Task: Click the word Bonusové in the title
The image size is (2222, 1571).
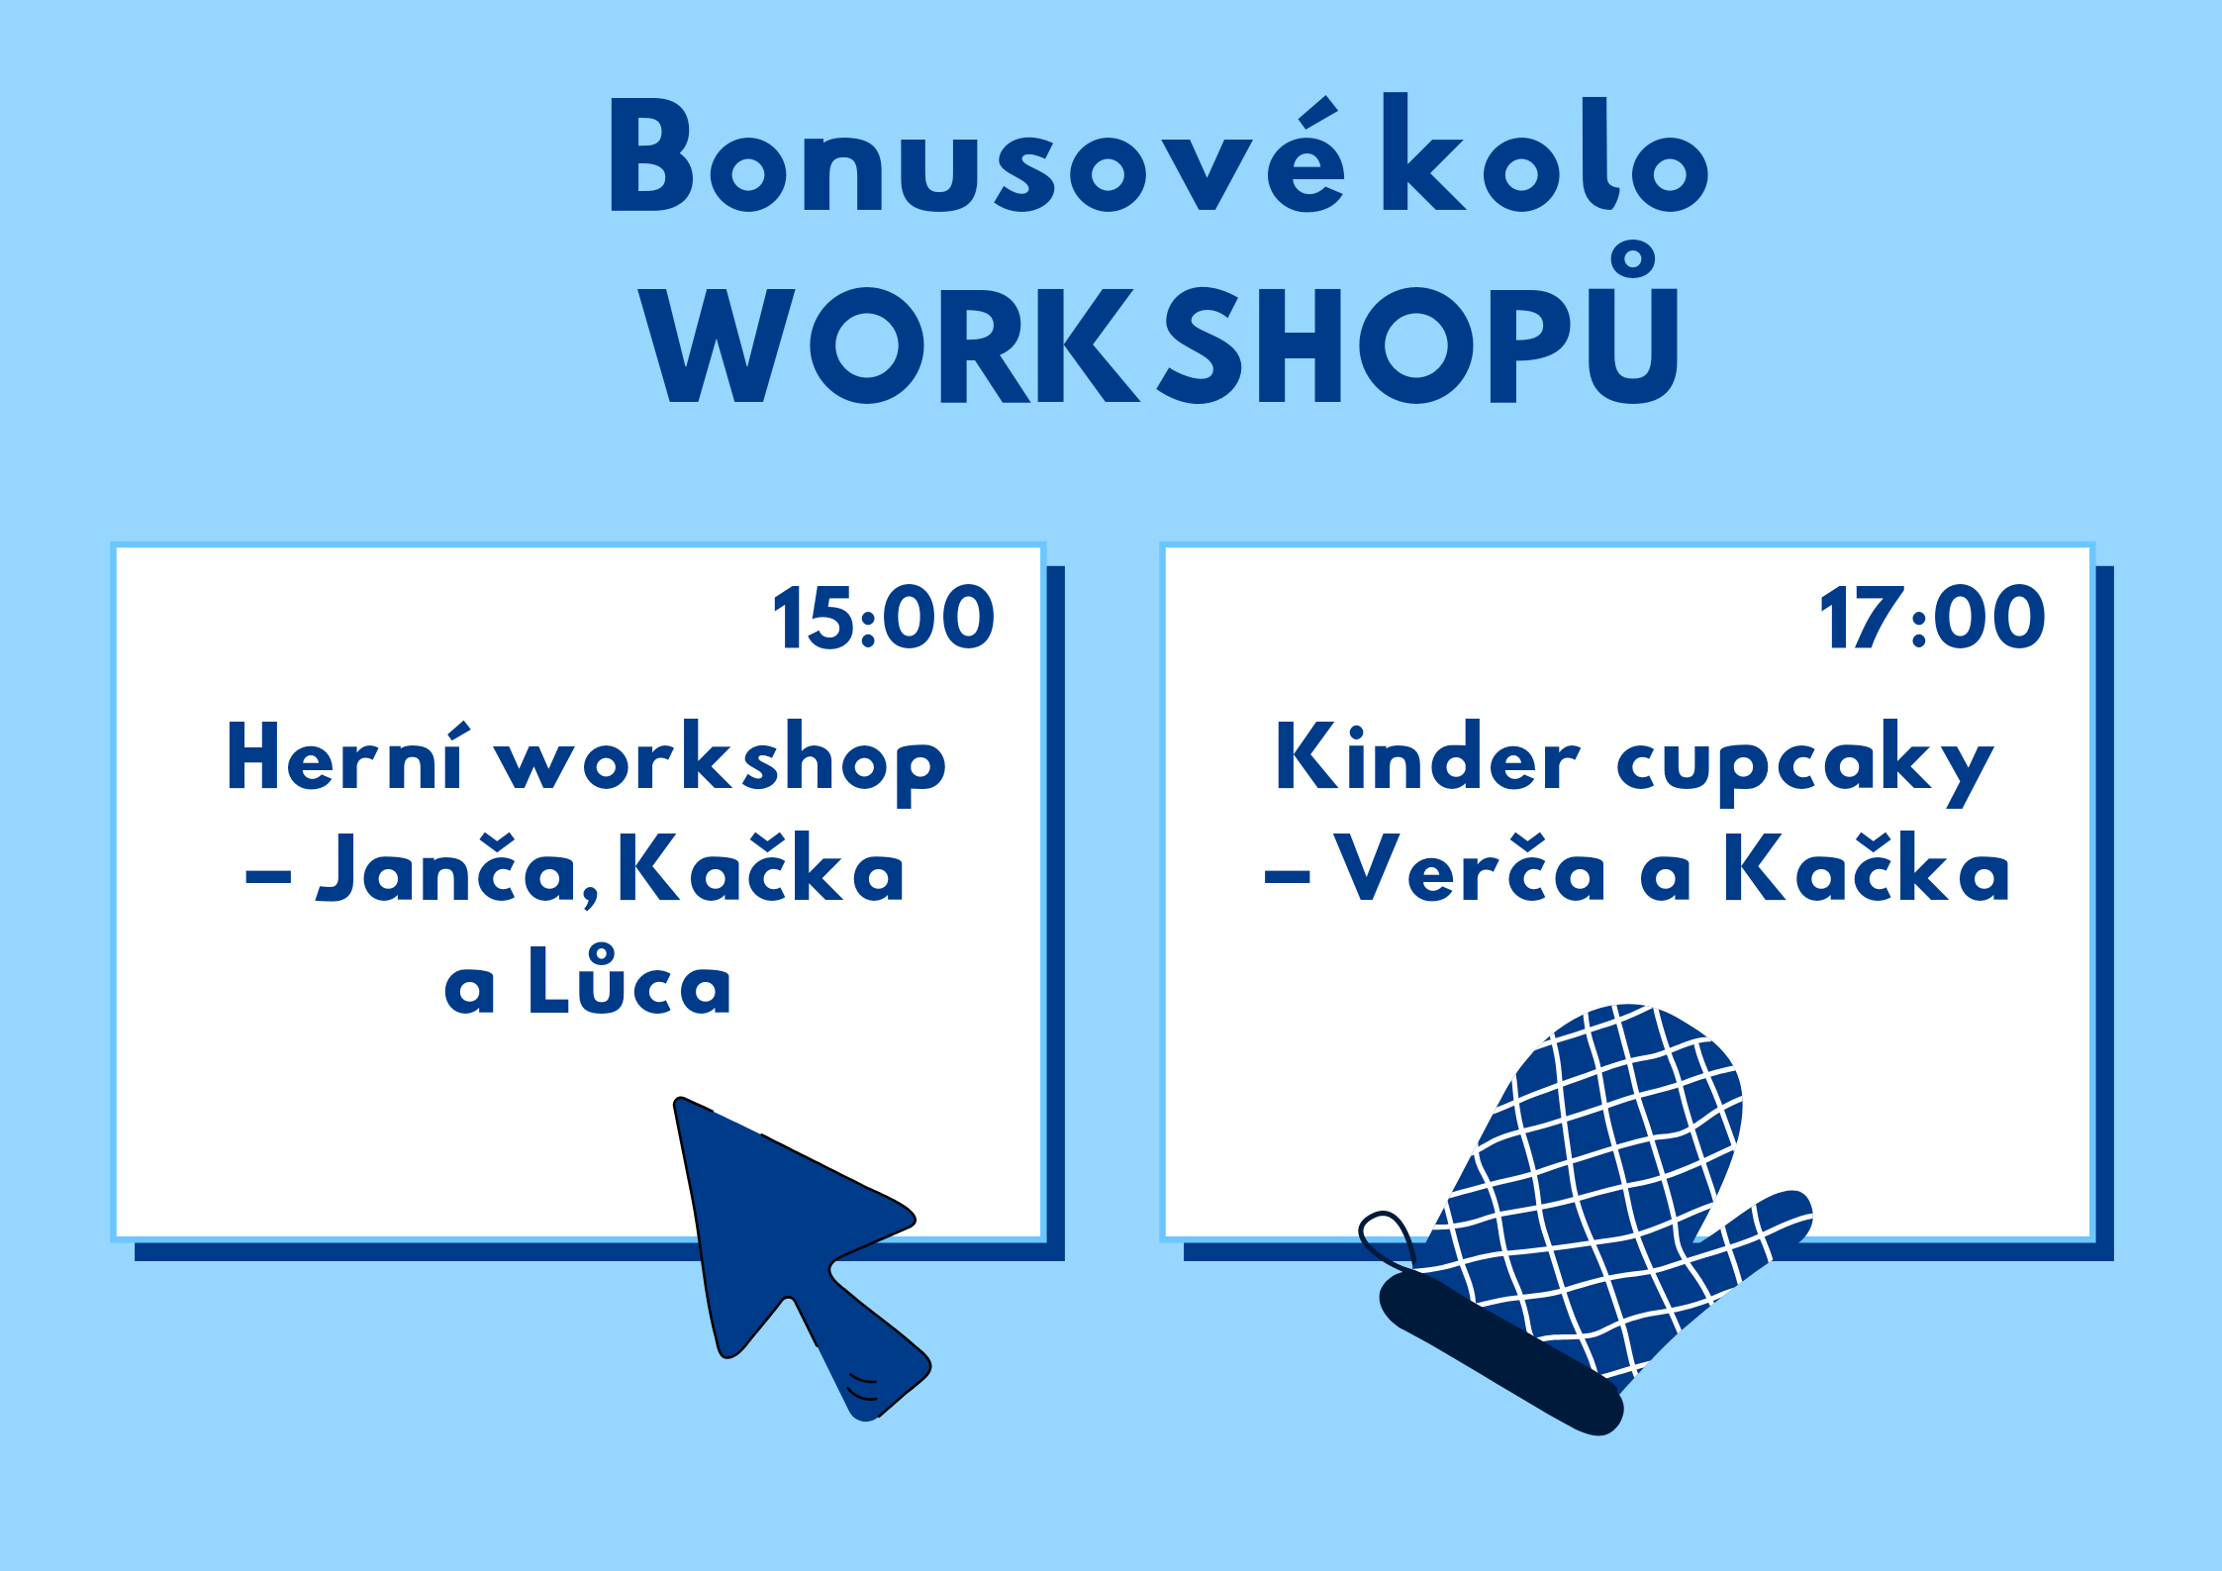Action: click(x=977, y=153)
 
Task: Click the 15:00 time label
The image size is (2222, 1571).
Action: click(x=884, y=618)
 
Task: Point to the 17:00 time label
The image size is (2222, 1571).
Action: click(x=1932, y=618)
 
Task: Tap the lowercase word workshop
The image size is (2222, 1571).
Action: click(x=721, y=762)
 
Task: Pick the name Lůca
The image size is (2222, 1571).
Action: click(x=629, y=981)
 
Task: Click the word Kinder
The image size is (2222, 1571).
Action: click(x=1428, y=755)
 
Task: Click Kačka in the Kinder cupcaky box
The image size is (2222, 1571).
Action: click(x=1868, y=867)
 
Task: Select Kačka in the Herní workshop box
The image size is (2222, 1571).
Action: click(x=761, y=867)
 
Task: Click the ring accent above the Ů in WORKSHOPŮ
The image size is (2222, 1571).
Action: click(x=1633, y=260)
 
